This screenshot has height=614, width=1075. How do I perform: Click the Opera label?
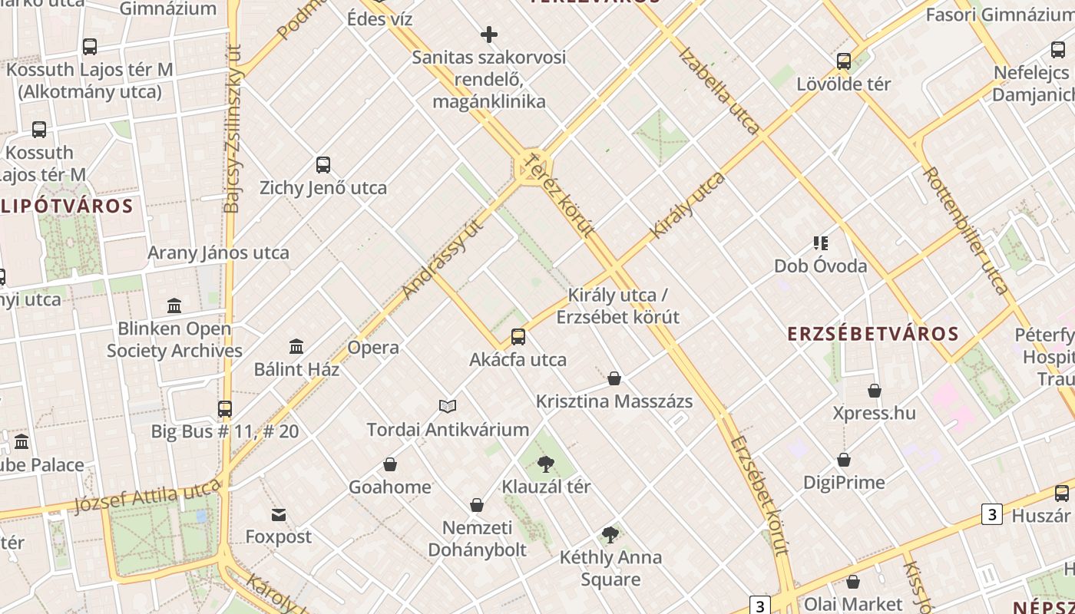(373, 348)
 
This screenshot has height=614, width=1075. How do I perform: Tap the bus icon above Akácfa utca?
(518, 337)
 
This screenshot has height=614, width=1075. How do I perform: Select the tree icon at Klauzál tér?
(546, 464)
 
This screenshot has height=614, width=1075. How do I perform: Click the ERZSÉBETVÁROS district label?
(873, 333)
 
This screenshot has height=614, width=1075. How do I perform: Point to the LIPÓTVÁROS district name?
(68, 206)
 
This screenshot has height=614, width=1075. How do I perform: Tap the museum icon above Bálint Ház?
(296, 347)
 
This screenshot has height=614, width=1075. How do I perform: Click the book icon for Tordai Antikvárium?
(448, 406)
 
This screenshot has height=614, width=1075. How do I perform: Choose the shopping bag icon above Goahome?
(390, 464)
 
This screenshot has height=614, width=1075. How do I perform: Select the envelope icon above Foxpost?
(278, 514)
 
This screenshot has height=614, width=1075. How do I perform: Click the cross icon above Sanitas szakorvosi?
(489, 35)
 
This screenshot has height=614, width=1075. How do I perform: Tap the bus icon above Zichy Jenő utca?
(323, 165)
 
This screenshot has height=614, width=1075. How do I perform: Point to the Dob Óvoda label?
(820, 266)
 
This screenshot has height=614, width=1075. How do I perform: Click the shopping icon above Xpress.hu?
(875, 391)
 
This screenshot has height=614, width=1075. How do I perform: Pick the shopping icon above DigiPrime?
(844, 460)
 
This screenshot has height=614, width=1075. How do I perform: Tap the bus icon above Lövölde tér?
(844, 61)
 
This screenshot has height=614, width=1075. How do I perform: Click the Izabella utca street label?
(719, 91)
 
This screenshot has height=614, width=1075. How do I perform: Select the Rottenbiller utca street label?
(964, 230)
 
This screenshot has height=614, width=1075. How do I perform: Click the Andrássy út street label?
(444, 259)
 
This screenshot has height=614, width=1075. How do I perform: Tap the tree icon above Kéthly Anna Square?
(610, 535)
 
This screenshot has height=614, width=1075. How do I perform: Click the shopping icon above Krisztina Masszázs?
(614, 378)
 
